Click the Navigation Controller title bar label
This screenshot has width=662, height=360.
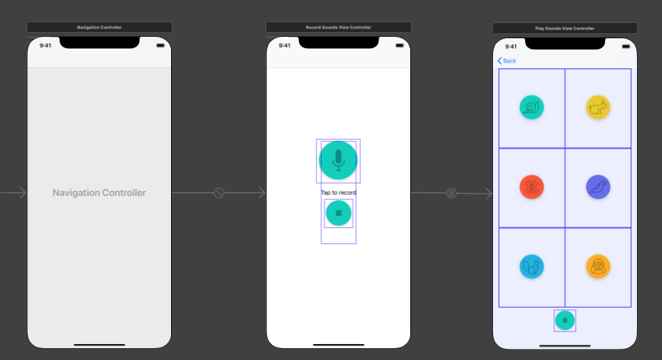point(99,27)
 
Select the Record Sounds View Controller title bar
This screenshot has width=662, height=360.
point(338,27)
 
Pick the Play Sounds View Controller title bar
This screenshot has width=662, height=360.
point(565,28)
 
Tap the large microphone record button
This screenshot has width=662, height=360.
point(338,161)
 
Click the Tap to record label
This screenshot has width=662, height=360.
point(339,193)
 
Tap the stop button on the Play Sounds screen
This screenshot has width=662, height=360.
point(565,320)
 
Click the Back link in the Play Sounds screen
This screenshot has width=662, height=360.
point(507,60)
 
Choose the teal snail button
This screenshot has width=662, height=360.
point(531,107)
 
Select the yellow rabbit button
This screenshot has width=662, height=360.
point(598,107)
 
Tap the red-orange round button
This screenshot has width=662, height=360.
point(531,187)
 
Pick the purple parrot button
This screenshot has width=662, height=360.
point(598,187)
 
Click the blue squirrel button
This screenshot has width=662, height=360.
point(531,267)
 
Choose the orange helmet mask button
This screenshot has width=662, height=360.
point(598,267)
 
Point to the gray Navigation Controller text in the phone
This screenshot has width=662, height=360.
point(99,193)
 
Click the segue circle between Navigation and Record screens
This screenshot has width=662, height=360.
point(218,193)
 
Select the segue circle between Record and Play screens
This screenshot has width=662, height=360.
point(451,193)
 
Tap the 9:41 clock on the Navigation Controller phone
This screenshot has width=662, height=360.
point(45,46)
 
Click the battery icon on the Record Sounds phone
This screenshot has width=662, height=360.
point(399,46)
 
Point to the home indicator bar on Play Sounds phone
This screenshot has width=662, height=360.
point(565,346)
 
